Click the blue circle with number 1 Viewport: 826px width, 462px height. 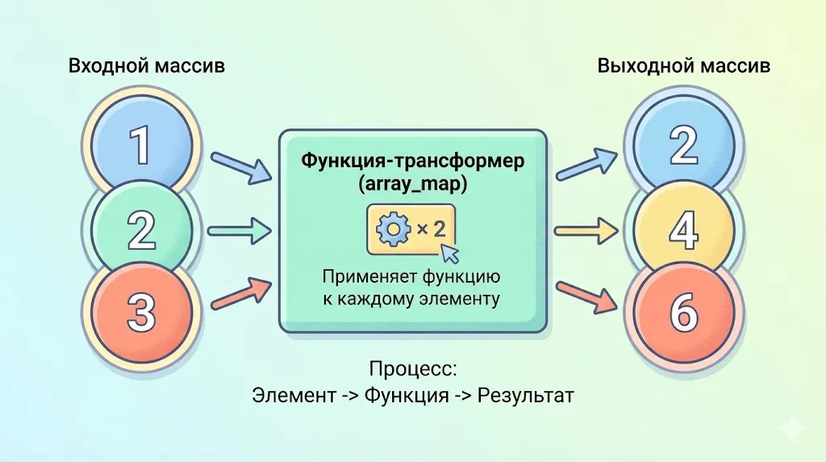141,146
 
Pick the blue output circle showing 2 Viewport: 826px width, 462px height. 683,146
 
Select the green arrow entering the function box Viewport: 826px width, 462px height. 240,232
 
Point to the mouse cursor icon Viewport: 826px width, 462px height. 449,254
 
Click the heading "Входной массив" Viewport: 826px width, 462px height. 147,66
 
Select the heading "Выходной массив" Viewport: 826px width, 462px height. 683,66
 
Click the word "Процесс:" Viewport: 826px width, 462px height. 413,370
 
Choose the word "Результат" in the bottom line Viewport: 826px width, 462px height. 525,397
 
